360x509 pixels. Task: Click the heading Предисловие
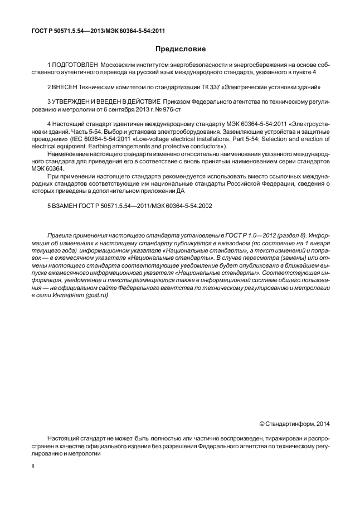[x=180, y=49]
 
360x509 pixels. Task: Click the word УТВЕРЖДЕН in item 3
[x=75, y=102]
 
